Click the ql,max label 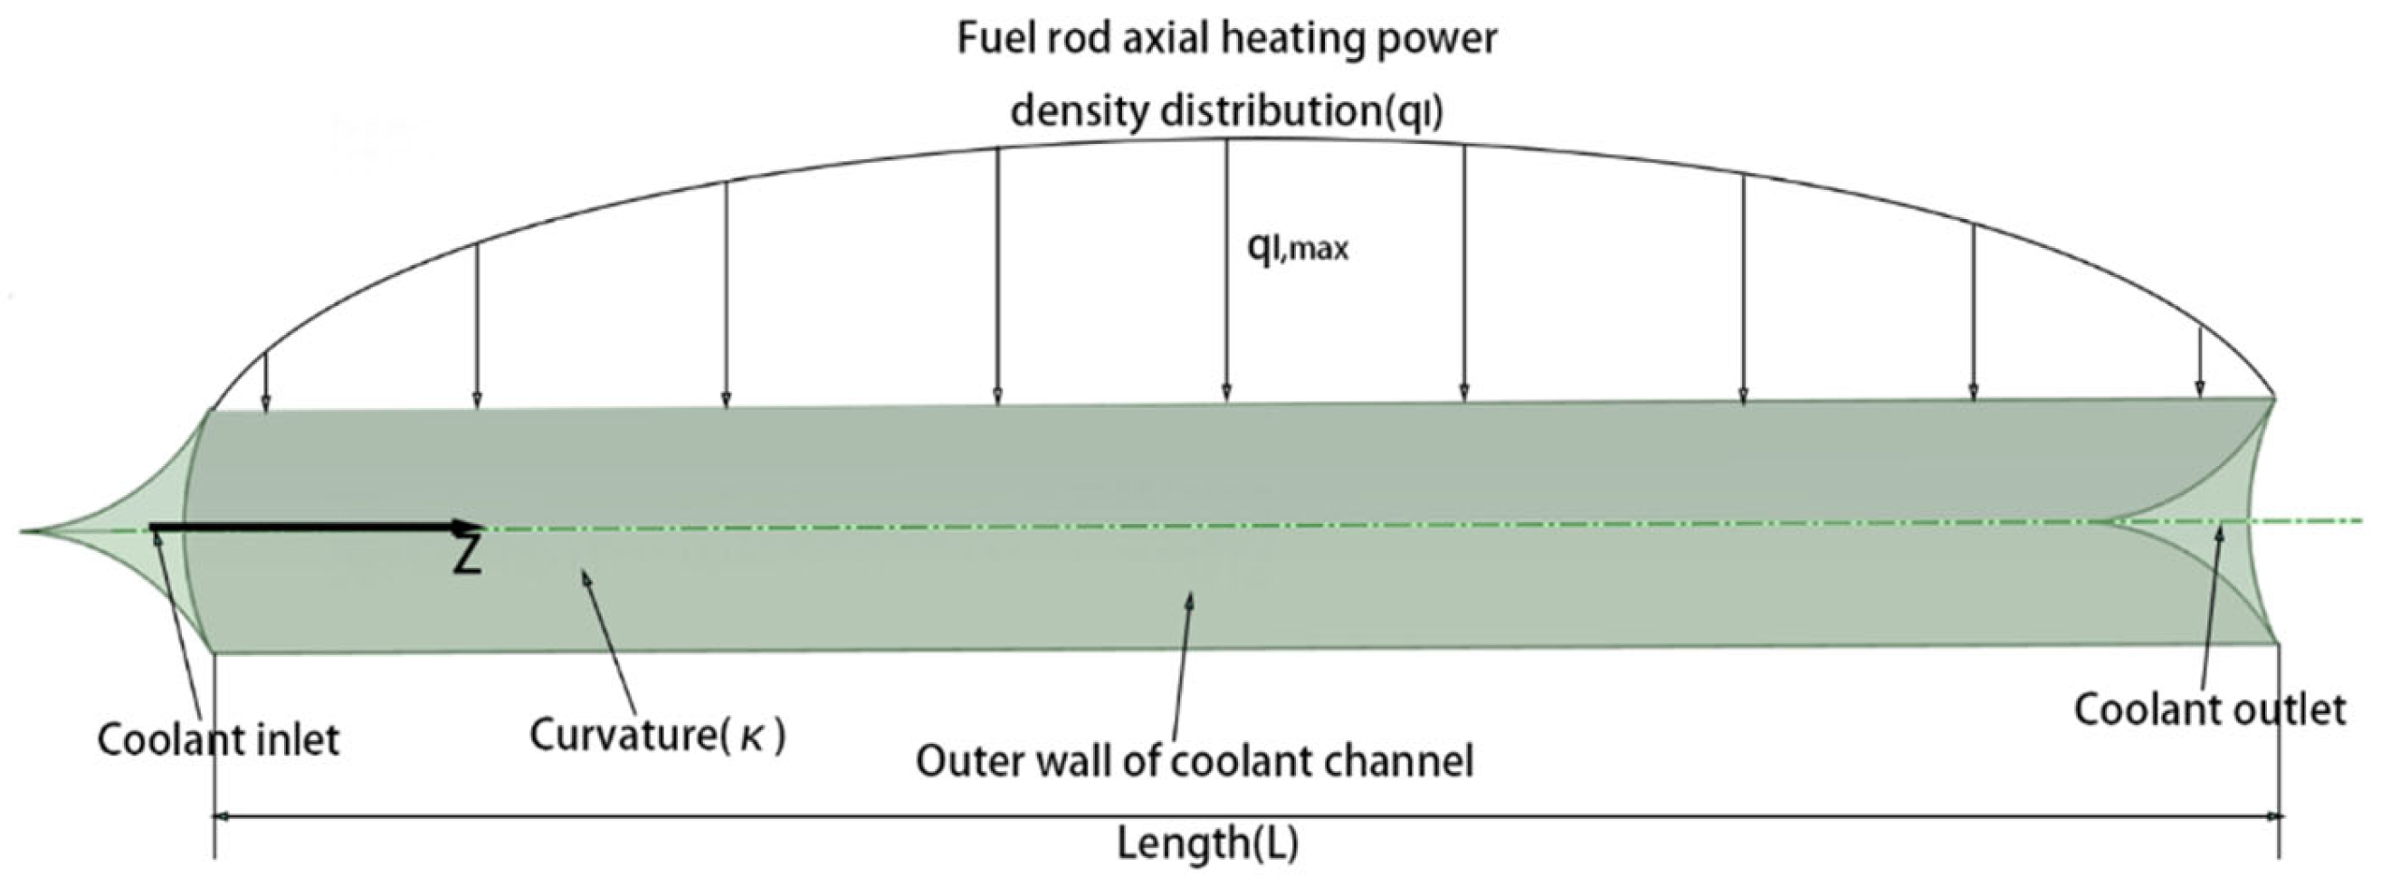click(x=1298, y=248)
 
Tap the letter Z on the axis click(x=469, y=556)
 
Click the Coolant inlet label click(x=218, y=741)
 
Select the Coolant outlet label click(x=2209, y=710)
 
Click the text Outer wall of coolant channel click(x=1195, y=762)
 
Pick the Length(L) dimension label click(x=1208, y=842)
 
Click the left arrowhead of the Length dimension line click(x=222, y=816)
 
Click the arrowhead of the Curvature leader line click(x=584, y=577)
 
